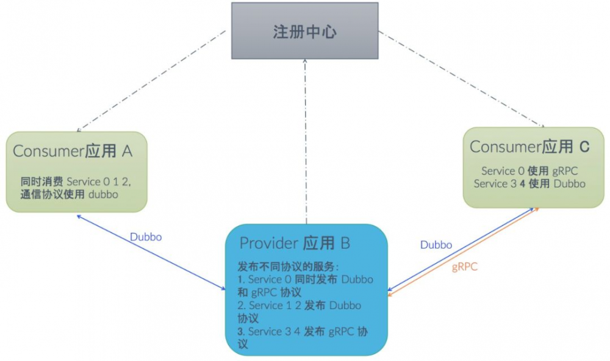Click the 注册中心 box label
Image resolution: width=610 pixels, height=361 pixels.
(x=304, y=32)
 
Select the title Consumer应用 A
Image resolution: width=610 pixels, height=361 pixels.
(x=73, y=151)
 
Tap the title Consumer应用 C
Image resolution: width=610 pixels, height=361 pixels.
(x=529, y=146)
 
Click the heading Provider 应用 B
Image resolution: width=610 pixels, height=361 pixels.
(x=295, y=243)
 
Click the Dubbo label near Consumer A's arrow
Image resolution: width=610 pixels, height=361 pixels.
(x=146, y=237)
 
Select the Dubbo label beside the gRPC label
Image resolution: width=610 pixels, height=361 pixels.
(x=436, y=245)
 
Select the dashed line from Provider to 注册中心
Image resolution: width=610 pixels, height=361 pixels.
(x=305, y=140)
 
